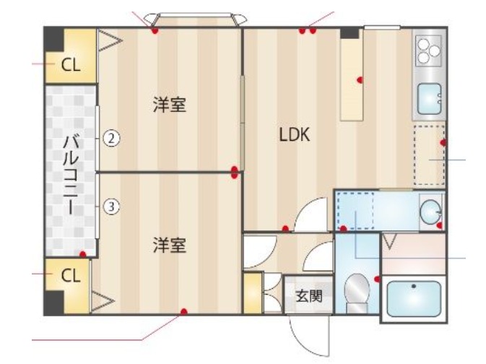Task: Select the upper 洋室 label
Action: pos(170,105)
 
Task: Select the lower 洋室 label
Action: pos(170,246)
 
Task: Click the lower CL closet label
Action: pos(70,275)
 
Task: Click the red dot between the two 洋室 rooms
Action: pos(235,172)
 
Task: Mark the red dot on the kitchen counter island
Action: pos(359,79)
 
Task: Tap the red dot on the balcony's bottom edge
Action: pos(84,253)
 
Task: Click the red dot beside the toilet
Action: pos(378,278)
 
